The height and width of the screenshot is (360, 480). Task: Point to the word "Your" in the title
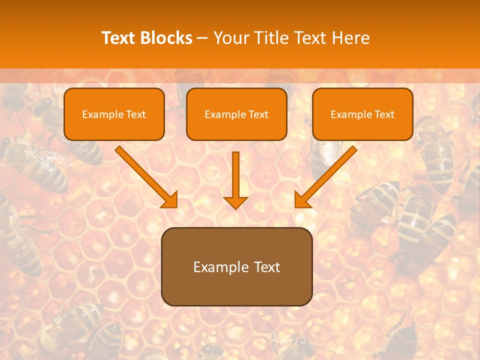pyautogui.click(x=229, y=38)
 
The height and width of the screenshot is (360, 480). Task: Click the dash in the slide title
pyautogui.click(x=202, y=38)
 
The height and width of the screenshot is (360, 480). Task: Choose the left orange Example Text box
pyautogui.click(x=114, y=114)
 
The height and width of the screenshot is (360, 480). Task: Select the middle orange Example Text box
pyautogui.click(x=236, y=114)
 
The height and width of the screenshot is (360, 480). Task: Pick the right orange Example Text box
pyautogui.click(x=362, y=114)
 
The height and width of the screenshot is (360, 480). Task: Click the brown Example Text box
pyautogui.click(x=236, y=266)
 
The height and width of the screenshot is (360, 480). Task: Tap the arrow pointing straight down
pyautogui.click(x=235, y=180)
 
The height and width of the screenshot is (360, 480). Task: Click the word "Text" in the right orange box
pyautogui.click(x=384, y=114)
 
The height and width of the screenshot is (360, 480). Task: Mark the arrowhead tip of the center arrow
pyautogui.click(x=235, y=208)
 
